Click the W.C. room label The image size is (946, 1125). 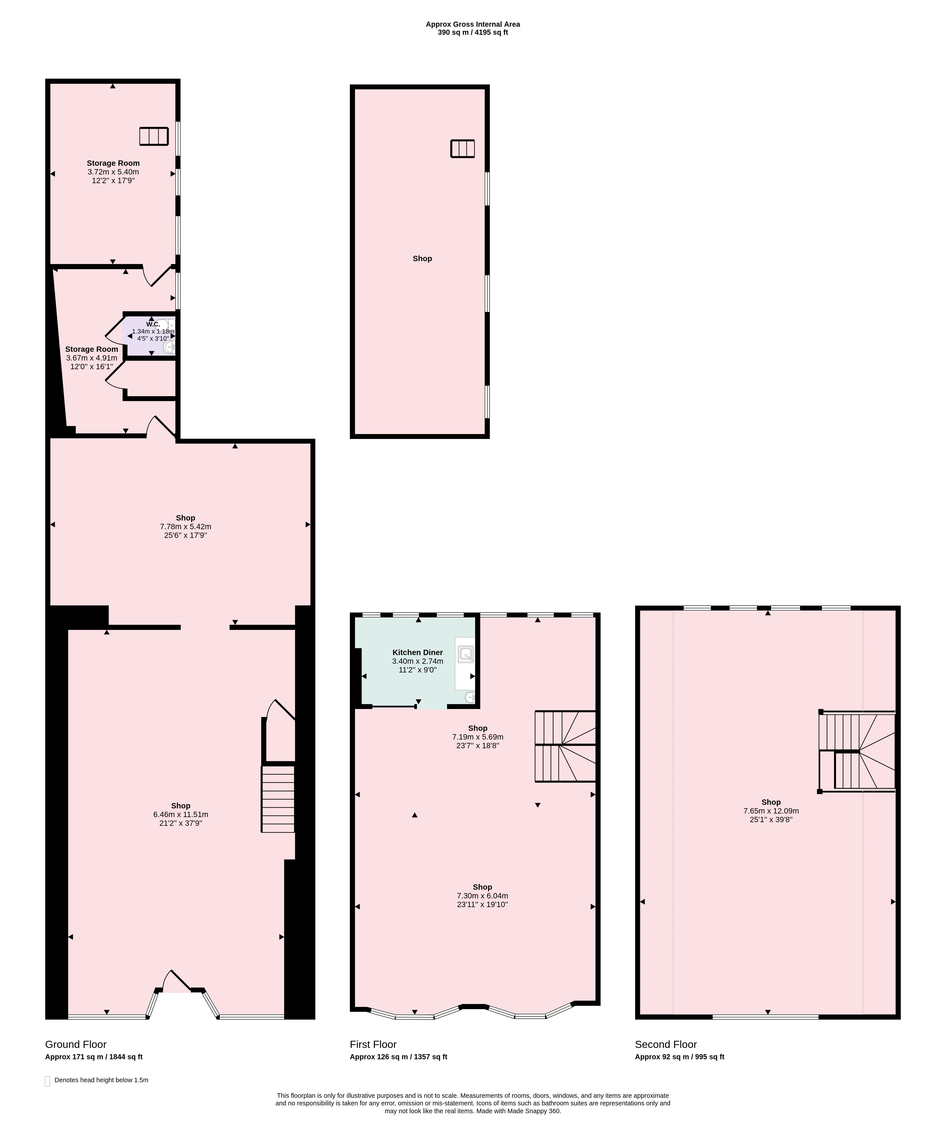[x=153, y=324]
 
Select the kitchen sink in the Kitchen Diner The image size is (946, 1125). [x=466, y=654]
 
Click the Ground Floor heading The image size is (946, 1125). [x=76, y=1045]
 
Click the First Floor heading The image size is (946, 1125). [x=373, y=1045]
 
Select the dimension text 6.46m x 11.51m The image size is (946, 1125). [x=181, y=815]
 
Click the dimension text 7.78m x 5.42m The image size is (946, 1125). [x=186, y=527]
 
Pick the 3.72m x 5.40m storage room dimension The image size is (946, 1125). [x=113, y=172]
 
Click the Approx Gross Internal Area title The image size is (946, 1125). [x=472, y=24]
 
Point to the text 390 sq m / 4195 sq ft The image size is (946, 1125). [x=472, y=32]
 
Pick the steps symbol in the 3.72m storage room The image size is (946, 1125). [x=154, y=136]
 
